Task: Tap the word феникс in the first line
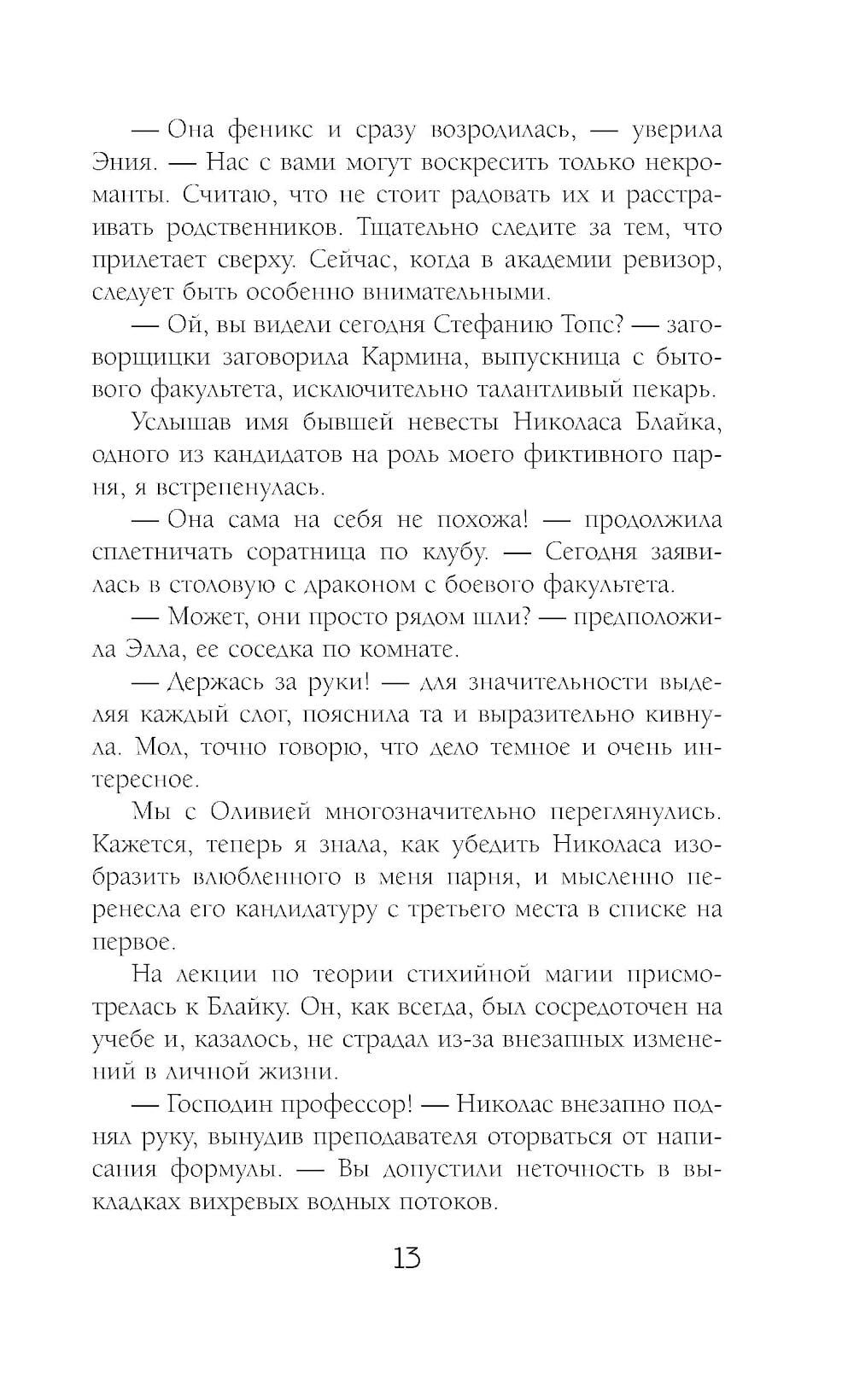(x=271, y=130)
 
